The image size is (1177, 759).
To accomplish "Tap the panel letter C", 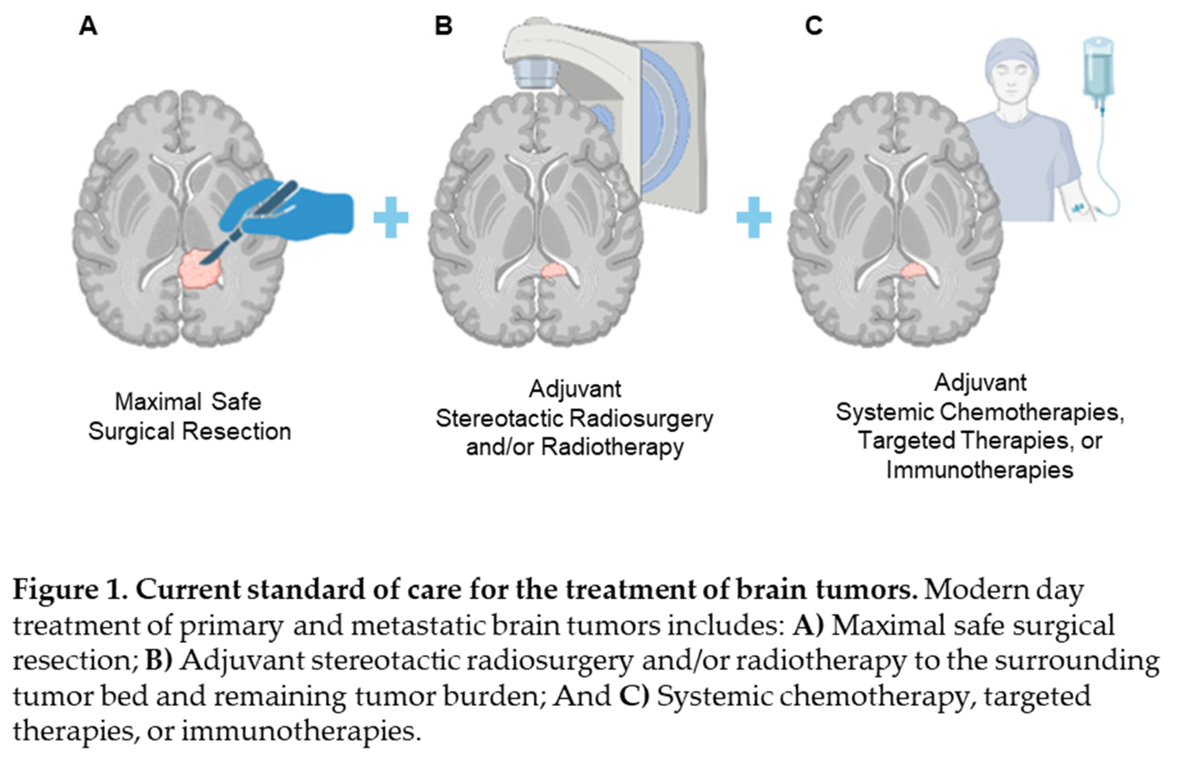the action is pyautogui.click(x=814, y=26).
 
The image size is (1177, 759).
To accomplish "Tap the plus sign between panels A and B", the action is pyautogui.click(x=391, y=217).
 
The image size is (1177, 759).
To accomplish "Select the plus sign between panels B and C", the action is pyautogui.click(x=753, y=217).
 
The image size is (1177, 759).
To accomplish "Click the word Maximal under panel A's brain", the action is pyautogui.click(x=158, y=402).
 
